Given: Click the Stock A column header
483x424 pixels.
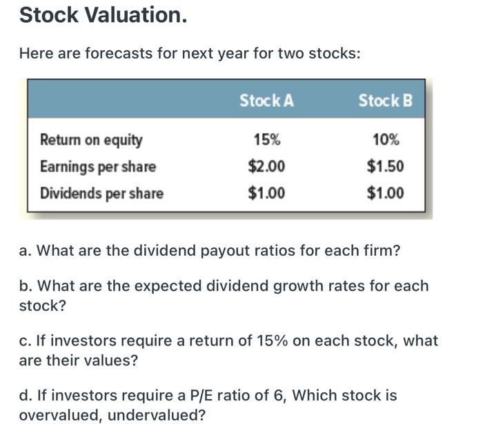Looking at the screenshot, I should click(266, 101).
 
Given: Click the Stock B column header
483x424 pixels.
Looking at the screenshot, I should click(385, 101).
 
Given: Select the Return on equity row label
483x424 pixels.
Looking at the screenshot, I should click(91, 141).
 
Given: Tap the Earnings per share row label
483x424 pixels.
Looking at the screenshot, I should click(98, 167).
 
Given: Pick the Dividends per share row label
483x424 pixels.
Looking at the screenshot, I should click(101, 193).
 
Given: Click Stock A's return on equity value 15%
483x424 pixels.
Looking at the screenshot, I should click(266, 141).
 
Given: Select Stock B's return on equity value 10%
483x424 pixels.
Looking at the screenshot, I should click(385, 141).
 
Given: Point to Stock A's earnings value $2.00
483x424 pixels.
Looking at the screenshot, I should click(266, 167).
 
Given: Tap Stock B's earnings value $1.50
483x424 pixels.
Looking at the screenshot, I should click(385, 167).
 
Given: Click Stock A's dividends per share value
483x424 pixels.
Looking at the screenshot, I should click(266, 193).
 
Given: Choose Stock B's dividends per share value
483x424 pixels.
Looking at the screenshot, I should click(385, 193).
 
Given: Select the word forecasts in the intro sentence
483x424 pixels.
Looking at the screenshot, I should click(120, 53).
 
